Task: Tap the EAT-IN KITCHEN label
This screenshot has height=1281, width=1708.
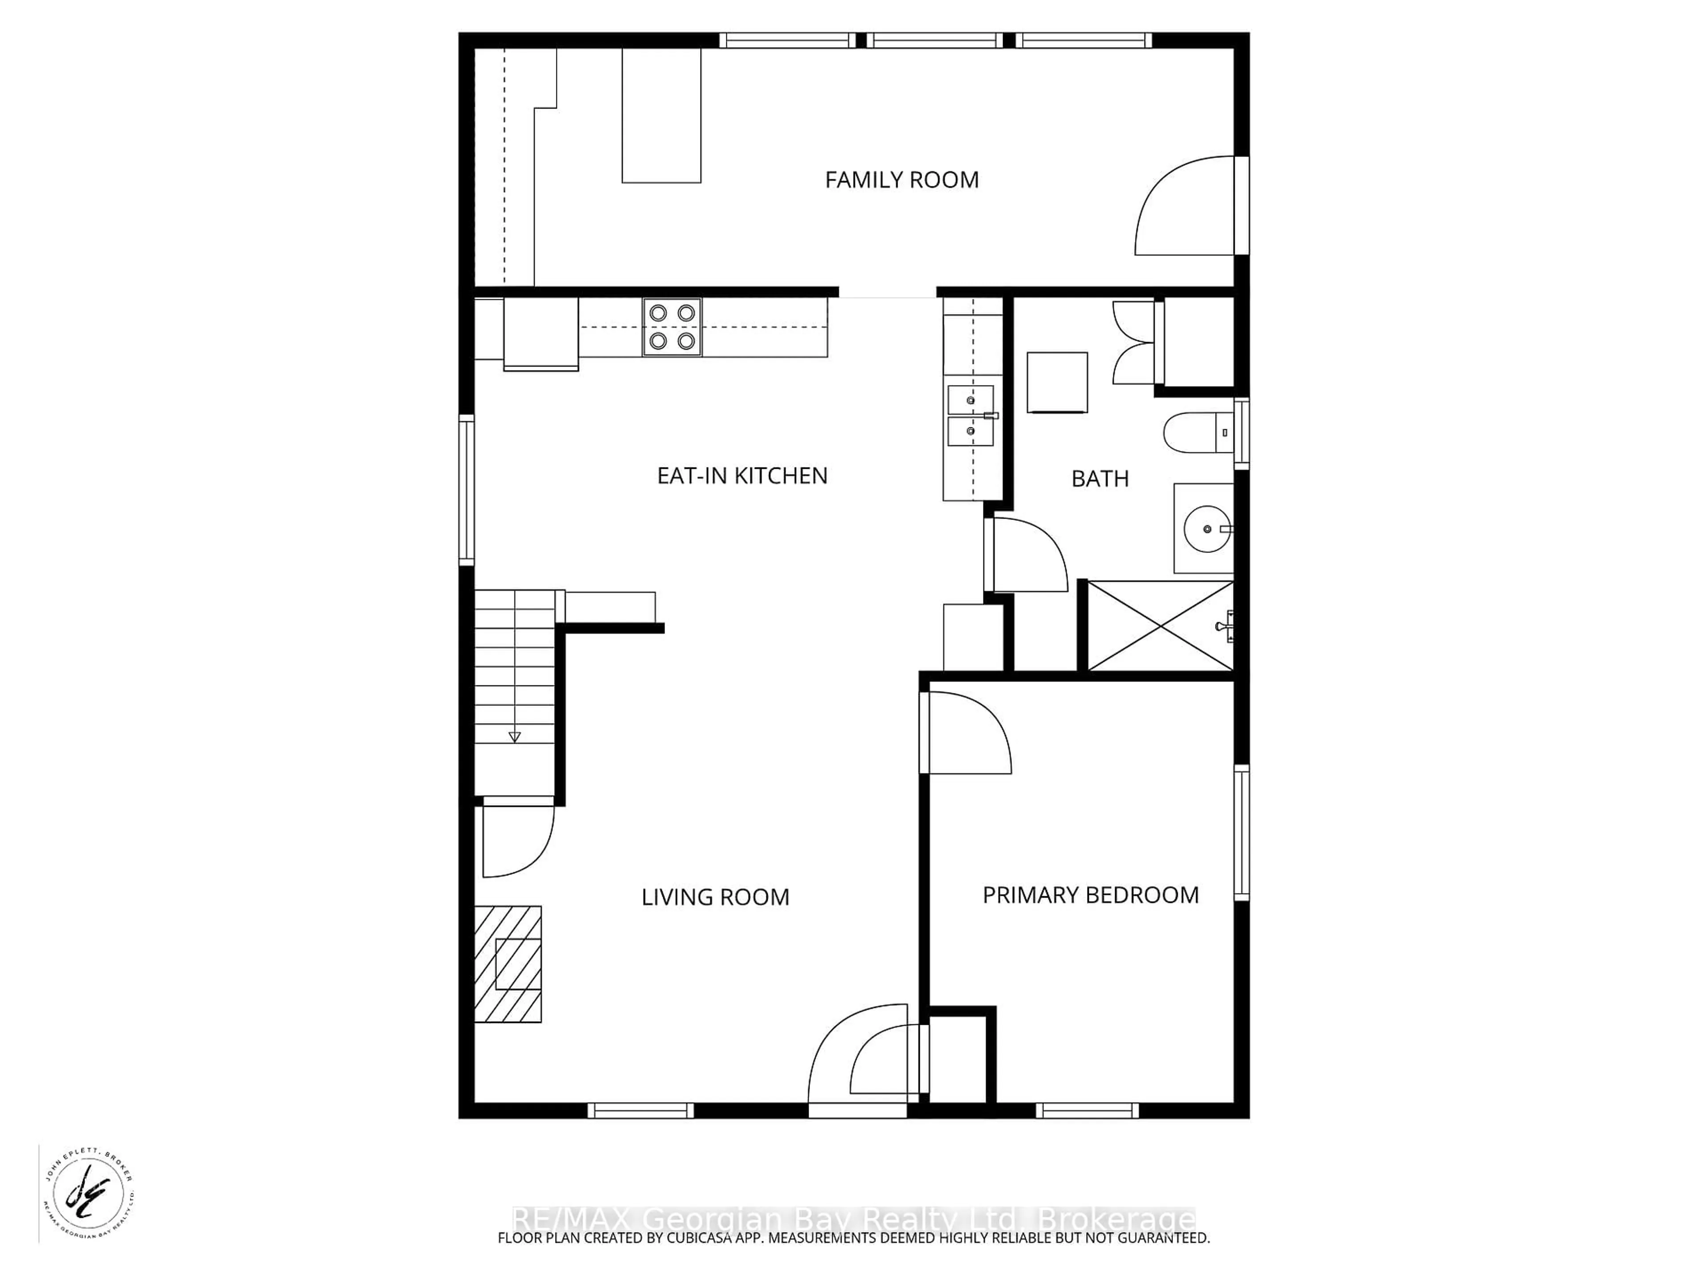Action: [x=742, y=475]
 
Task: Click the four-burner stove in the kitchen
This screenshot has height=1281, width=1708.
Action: [x=672, y=327]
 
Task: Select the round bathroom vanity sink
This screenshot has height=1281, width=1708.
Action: [x=1206, y=529]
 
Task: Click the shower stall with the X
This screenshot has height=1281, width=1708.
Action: [x=1159, y=626]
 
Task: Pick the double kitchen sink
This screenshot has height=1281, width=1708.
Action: [x=971, y=416]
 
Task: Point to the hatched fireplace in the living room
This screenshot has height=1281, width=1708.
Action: [x=508, y=964]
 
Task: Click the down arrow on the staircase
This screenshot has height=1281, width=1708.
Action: [x=514, y=737]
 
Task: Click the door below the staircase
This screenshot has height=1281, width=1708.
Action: [x=516, y=839]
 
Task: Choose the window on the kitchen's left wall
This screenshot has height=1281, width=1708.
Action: [x=467, y=490]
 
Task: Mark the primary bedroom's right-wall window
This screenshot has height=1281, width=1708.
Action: [x=1241, y=832]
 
